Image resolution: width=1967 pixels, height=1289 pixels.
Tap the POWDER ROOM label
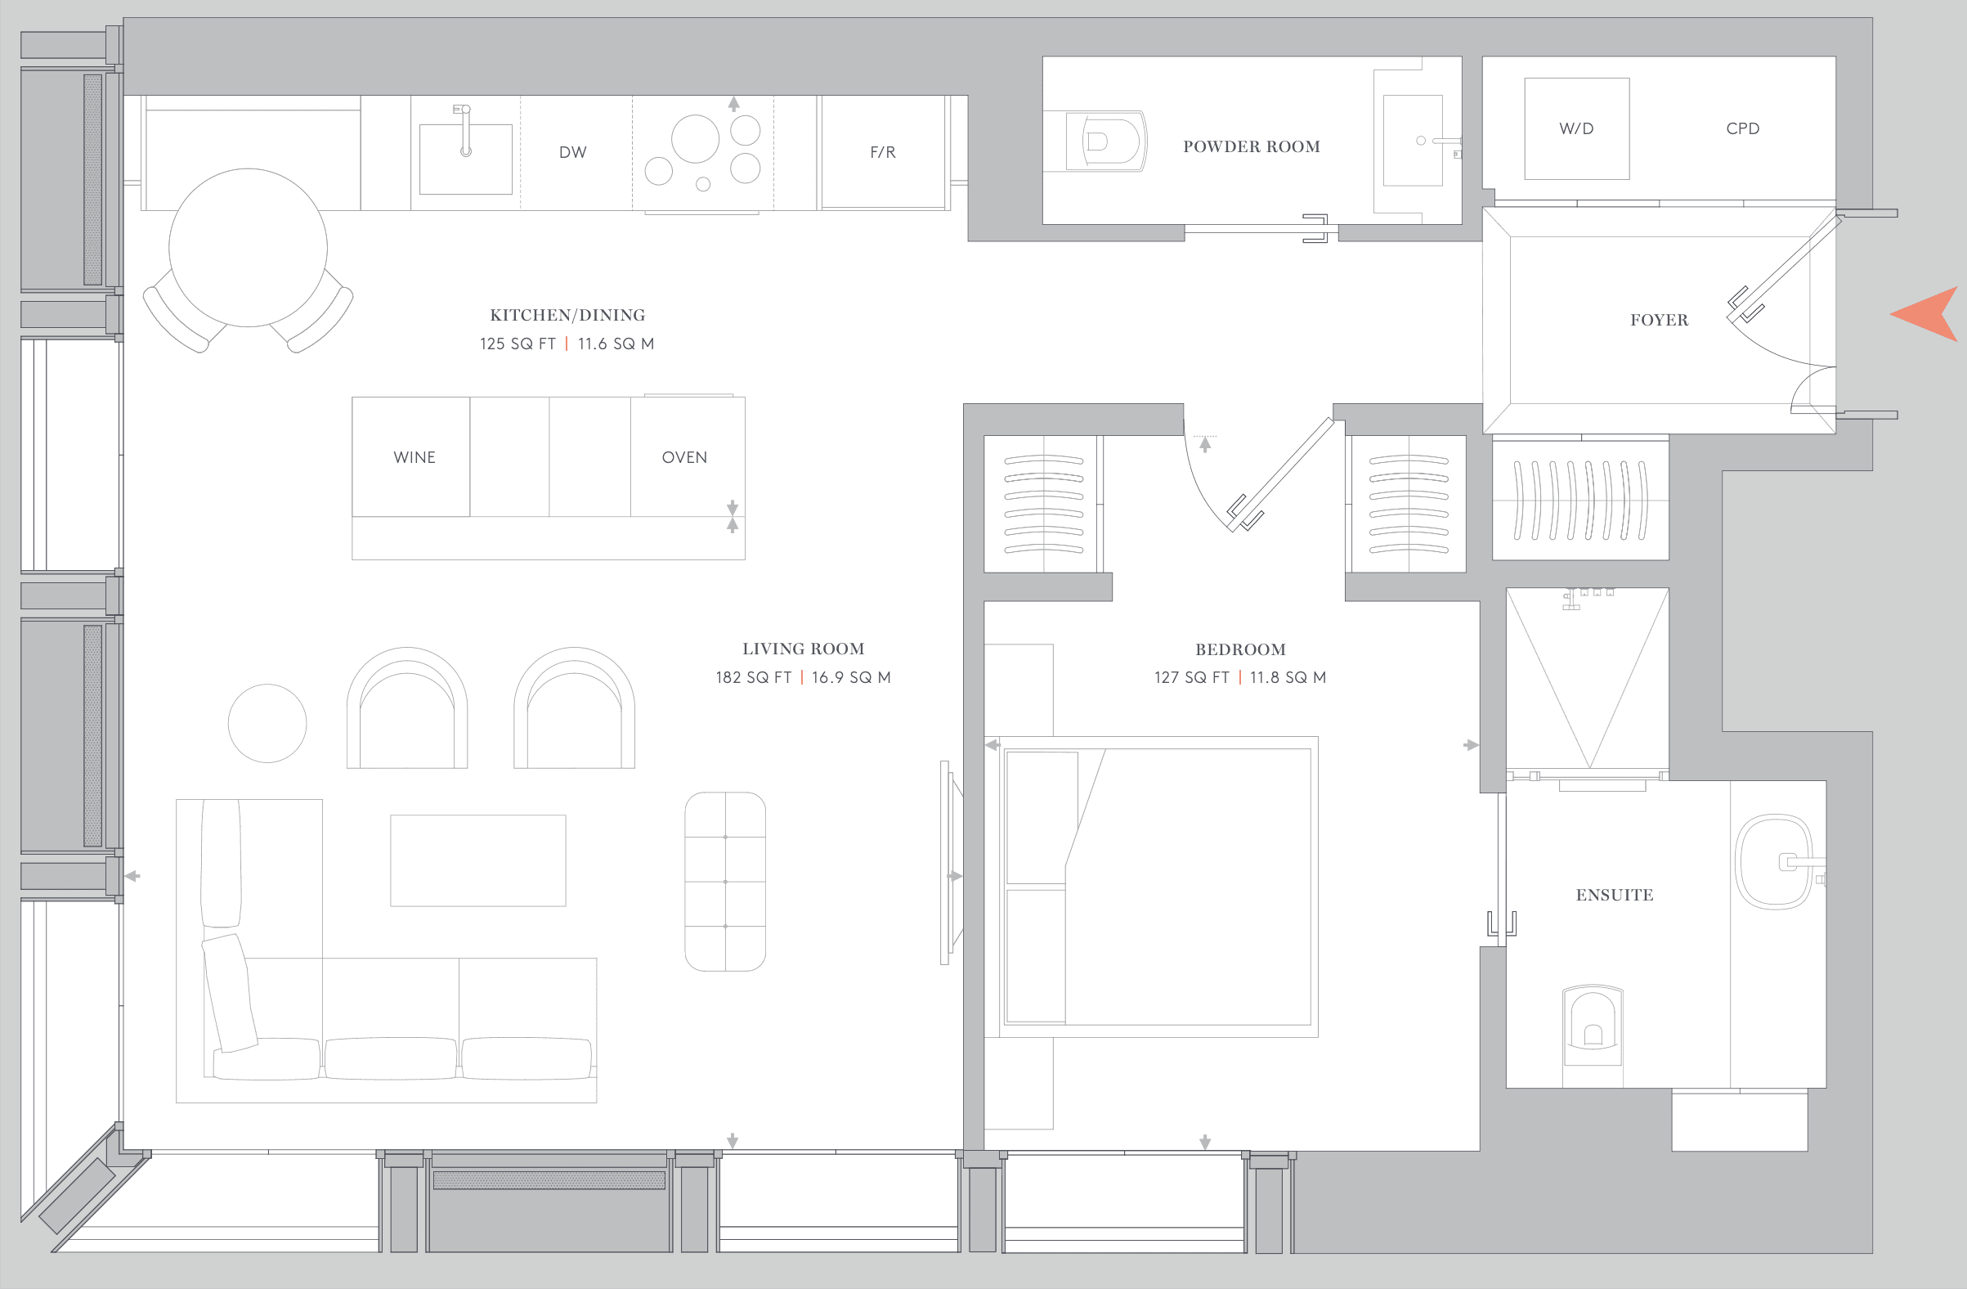(1252, 147)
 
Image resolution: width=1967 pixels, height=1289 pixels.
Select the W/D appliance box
(1576, 129)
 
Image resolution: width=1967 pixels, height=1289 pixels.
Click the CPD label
(1742, 129)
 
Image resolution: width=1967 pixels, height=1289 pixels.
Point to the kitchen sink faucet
(465, 131)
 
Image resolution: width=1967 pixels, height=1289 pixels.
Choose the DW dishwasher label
(573, 152)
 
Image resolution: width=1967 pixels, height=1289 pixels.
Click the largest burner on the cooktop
(695, 139)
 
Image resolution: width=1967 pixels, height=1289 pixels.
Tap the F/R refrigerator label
(883, 152)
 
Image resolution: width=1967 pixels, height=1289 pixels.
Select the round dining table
(248, 247)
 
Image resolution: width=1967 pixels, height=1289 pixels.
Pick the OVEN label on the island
(684, 457)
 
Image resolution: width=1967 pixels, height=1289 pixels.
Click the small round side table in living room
(267, 724)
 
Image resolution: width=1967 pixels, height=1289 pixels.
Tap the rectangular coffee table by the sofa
(477, 860)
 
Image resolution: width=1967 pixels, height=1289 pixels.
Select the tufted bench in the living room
(725, 882)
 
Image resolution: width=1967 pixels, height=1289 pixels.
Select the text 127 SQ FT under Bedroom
(1191, 678)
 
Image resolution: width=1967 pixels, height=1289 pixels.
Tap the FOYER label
(1659, 321)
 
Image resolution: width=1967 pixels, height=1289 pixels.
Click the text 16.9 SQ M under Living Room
(851, 678)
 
